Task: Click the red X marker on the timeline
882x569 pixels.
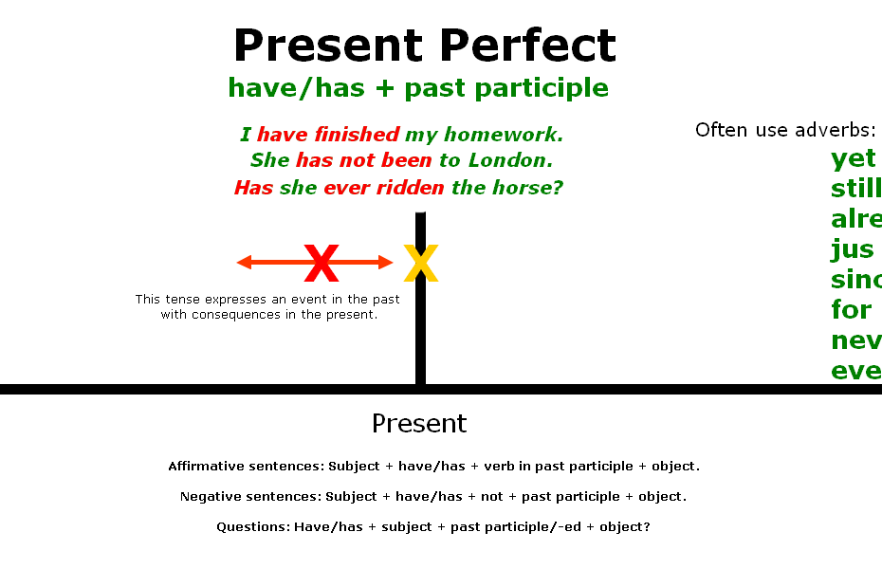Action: pyautogui.click(x=322, y=264)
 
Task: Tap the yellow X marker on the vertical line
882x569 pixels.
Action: pyautogui.click(x=420, y=264)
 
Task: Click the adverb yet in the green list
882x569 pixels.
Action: pyautogui.click(x=853, y=159)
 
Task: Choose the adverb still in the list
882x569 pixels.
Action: pyautogui.click(x=855, y=190)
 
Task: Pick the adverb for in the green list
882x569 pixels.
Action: pyautogui.click(x=851, y=309)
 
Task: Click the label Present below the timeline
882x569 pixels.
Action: pyautogui.click(x=419, y=423)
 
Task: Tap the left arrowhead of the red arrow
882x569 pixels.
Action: pyautogui.click(x=244, y=263)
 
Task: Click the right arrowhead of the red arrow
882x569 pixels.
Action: pyautogui.click(x=386, y=263)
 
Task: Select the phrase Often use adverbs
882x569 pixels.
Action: pyautogui.click(x=784, y=130)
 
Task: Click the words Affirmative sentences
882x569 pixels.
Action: pyautogui.click(x=244, y=467)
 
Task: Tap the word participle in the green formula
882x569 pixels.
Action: pyautogui.click(x=556, y=88)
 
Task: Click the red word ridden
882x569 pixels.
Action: pyautogui.click(x=410, y=188)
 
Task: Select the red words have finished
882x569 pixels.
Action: pyautogui.click(x=328, y=135)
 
